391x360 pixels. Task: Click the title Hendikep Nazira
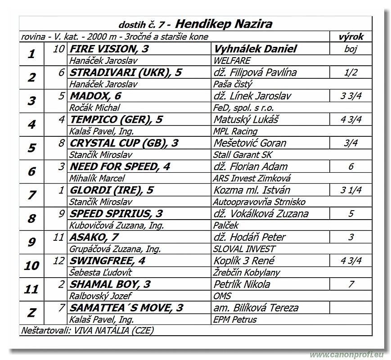click(x=224, y=24)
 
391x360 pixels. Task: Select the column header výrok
click(x=351, y=37)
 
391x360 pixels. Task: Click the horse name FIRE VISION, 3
click(x=109, y=49)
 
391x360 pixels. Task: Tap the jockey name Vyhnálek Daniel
click(x=255, y=49)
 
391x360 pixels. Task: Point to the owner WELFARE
click(x=232, y=60)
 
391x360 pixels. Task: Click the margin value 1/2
click(x=351, y=72)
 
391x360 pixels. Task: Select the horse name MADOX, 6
click(x=95, y=96)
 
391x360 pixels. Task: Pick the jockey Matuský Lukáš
click(x=246, y=119)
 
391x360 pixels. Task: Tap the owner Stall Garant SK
click(x=243, y=155)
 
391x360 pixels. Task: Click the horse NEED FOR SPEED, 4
click(x=120, y=166)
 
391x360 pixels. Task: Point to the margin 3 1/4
click(x=351, y=190)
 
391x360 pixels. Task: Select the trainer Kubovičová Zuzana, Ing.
click(x=116, y=225)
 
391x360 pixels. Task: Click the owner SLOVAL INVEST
click(x=244, y=248)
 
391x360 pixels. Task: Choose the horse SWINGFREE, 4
click(x=107, y=260)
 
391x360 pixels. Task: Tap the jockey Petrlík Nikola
click(x=242, y=284)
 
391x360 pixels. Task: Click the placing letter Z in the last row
click(x=31, y=313)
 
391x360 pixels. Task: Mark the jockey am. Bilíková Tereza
click(x=256, y=308)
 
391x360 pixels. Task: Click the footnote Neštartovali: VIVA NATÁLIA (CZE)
click(x=87, y=330)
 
